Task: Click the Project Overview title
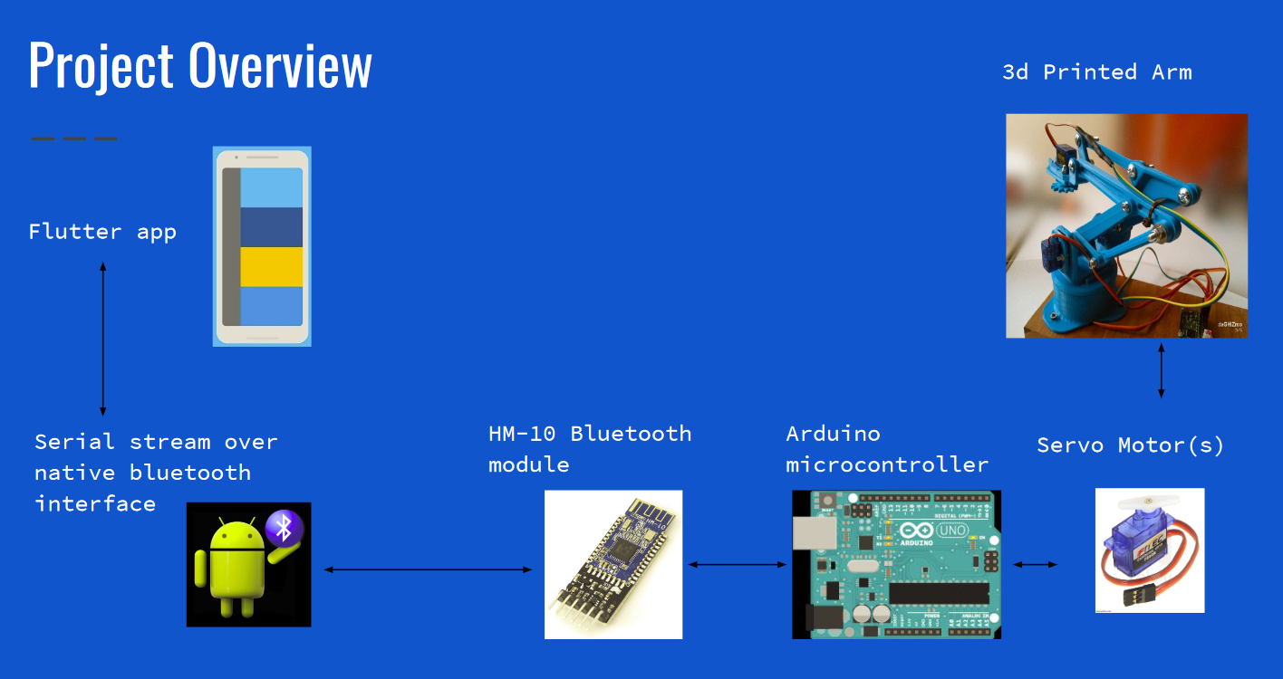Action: coord(200,65)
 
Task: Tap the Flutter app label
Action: coord(102,232)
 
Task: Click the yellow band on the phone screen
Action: coord(271,266)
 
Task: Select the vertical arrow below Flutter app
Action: coord(102,339)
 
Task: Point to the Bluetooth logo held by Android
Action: coord(284,526)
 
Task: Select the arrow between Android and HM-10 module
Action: coord(428,569)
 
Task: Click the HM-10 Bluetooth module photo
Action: coord(613,564)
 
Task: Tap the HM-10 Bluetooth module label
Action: coord(590,449)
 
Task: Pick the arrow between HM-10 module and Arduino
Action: coord(737,565)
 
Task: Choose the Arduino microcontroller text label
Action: coord(887,449)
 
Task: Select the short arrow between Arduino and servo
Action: coord(1035,564)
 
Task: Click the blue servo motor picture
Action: coord(1149,550)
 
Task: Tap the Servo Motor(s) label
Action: coord(1131,445)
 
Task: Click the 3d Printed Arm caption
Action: coord(1097,72)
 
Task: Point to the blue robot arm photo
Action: coord(1126,225)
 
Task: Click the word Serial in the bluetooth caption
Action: coord(74,442)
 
